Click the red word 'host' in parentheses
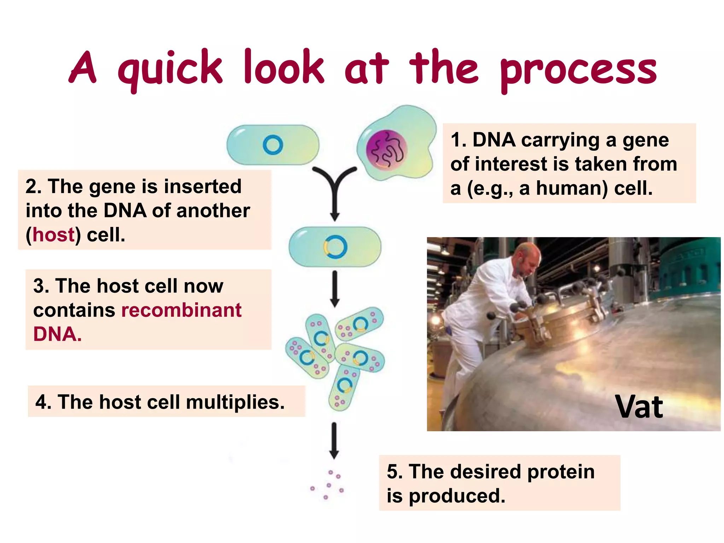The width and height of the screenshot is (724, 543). (x=53, y=235)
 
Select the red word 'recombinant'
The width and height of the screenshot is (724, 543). (x=181, y=310)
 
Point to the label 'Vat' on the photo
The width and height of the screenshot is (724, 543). (x=639, y=407)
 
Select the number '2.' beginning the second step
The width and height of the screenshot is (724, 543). (x=34, y=186)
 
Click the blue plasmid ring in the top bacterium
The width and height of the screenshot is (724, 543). (x=273, y=145)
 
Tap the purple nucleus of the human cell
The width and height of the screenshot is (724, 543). (x=386, y=150)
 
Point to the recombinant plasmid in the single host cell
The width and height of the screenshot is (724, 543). (x=335, y=247)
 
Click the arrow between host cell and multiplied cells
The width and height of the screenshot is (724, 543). (x=335, y=288)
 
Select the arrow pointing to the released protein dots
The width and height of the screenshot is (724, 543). (x=334, y=440)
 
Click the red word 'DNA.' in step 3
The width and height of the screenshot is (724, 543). (x=57, y=334)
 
